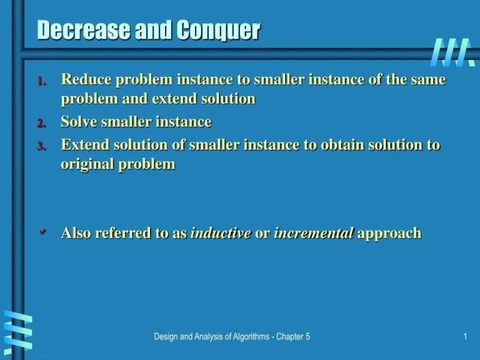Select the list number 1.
(x=42, y=81)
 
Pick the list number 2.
(x=42, y=123)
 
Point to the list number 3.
(x=42, y=146)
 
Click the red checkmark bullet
(x=43, y=232)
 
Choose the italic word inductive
(x=220, y=233)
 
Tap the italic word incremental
(x=313, y=233)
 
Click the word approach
(x=389, y=233)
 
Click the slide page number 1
(x=465, y=337)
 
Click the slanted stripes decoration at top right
(x=453, y=52)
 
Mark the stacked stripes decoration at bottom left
(x=17, y=332)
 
